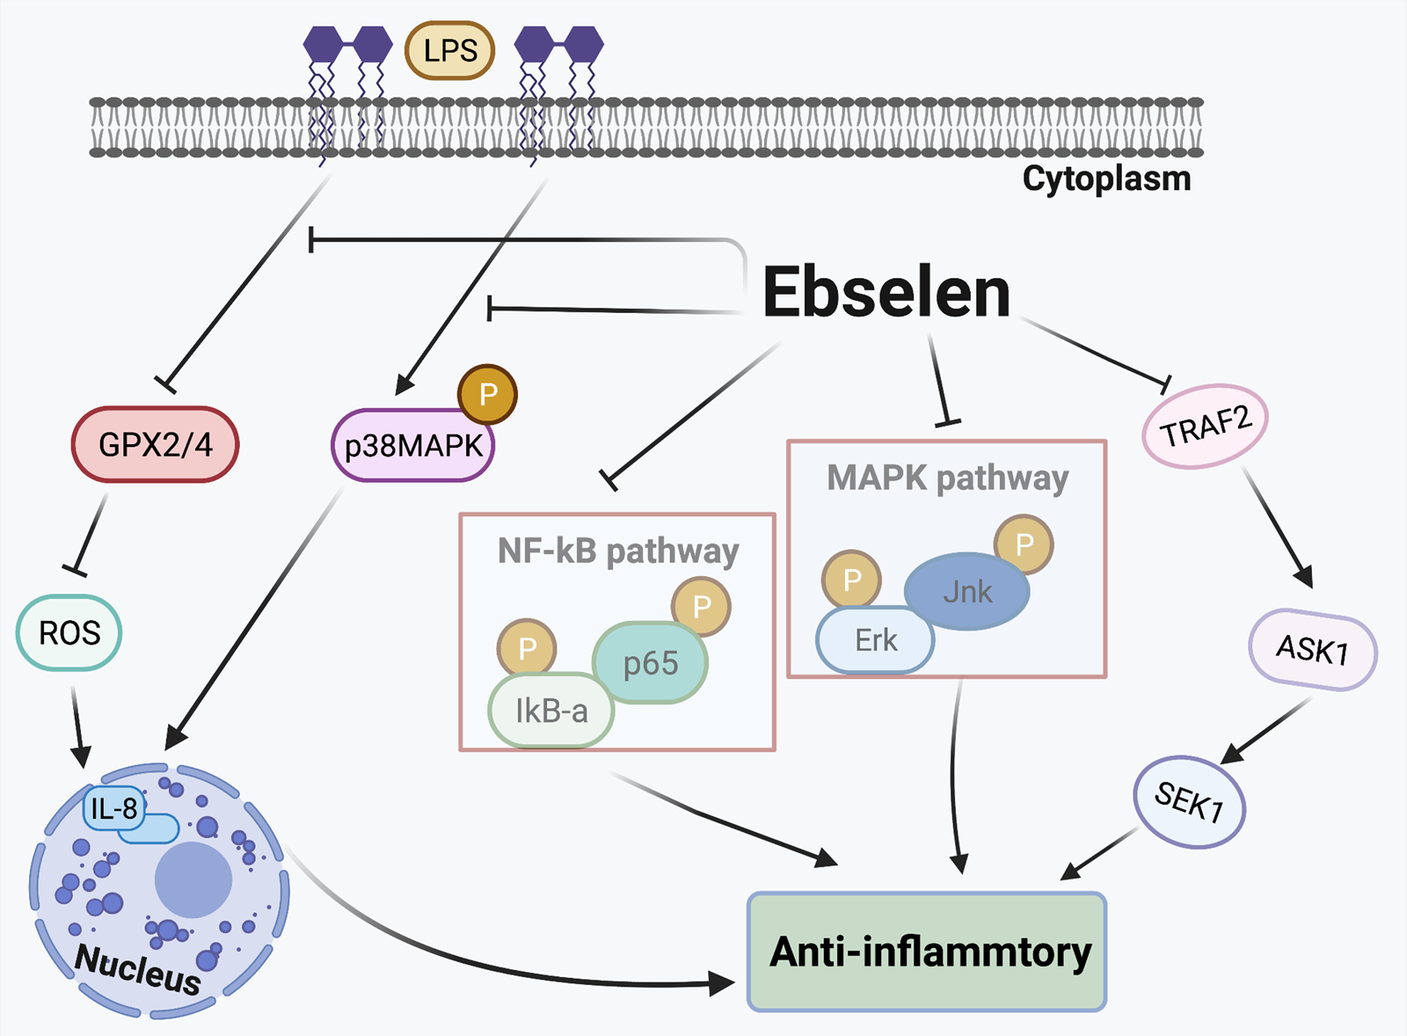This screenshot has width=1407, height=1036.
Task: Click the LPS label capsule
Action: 449,51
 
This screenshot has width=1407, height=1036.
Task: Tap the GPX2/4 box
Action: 155,444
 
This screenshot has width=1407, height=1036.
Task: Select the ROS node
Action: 69,632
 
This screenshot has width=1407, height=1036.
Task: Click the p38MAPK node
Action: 412,447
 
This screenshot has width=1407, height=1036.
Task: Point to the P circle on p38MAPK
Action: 487,394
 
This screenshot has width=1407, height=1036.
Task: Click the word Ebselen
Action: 886,293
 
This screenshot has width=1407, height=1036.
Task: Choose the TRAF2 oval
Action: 1205,426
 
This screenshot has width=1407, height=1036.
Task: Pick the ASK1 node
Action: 1312,650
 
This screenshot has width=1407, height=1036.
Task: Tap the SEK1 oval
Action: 1189,802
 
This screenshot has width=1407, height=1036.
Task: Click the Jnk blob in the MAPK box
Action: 967,591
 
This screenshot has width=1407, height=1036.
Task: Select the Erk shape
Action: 875,640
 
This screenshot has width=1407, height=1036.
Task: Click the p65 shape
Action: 651,662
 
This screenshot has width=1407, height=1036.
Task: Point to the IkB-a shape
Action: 550,711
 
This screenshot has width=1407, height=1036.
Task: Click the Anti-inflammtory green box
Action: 927,952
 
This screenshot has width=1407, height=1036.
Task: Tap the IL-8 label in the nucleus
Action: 113,807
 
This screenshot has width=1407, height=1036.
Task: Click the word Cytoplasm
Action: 1106,179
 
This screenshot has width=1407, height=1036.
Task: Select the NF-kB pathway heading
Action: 617,551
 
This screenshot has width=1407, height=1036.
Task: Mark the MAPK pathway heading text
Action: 947,478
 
